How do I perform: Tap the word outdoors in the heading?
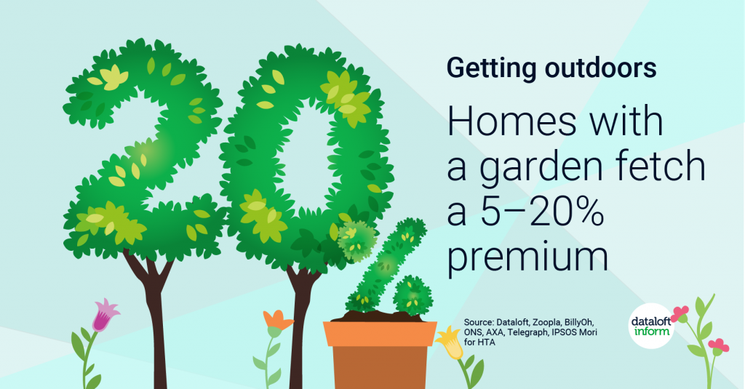coord(600,68)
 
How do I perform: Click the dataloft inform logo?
coord(651,325)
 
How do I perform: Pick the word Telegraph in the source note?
coord(528,332)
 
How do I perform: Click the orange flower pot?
coord(380,355)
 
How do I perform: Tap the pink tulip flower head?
coord(105,314)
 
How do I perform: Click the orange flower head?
coord(278,320)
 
